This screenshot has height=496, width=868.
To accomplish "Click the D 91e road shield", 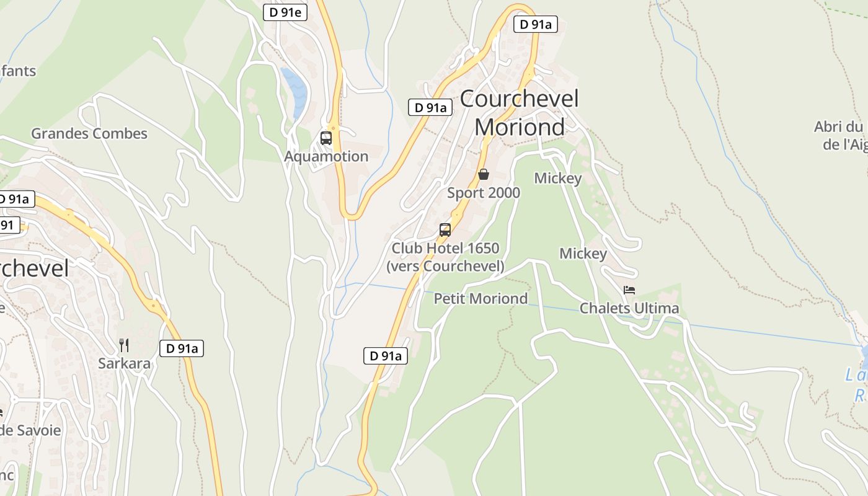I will coord(285,12).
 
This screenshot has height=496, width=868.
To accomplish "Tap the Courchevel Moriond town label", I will coord(520,112).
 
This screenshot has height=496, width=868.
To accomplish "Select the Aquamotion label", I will coord(326,156).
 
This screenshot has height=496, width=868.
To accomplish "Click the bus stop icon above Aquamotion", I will coord(326,138).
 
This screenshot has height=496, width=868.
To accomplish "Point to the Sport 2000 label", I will coord(484,193).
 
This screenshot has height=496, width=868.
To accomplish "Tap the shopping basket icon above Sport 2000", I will coord(484,174).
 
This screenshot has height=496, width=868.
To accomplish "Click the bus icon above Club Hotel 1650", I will coord(445,230).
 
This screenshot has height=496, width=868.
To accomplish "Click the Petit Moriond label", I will coord(480,298).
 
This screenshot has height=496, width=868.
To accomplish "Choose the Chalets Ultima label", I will coord(629,308).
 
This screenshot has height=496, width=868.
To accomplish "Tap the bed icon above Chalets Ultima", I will coord(629,290).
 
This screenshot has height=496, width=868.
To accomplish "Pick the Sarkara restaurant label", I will coord(124,363).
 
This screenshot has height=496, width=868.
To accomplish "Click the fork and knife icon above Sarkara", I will coord(124,345).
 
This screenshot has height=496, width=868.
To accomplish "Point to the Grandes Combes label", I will coord(89,133).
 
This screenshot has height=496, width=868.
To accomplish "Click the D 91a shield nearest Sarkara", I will coord(182,348).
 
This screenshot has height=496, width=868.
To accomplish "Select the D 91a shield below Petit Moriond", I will coord(385,356).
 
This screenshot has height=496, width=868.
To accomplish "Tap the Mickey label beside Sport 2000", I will coord(558,179).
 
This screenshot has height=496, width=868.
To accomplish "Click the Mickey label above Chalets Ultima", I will coord(583,254).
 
